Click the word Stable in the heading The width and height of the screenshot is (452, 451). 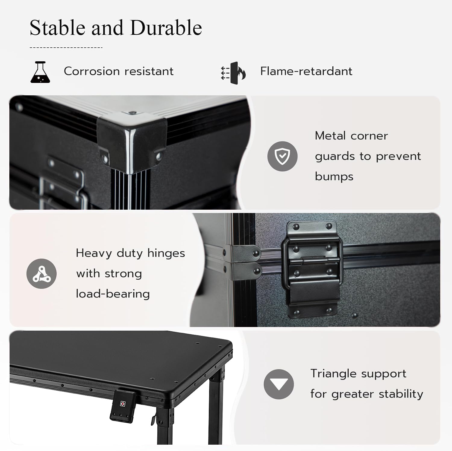(58, 28)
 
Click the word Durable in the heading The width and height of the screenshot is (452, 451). (166, 28)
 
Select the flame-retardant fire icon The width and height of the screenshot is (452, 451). (233, 73)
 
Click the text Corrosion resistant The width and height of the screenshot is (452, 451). (119, 71)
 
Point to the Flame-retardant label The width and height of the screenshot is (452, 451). (306, 71)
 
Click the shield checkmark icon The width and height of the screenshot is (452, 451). (282, 156)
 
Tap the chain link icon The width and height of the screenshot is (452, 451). (42, 274)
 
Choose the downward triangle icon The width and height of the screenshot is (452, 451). (279, 384)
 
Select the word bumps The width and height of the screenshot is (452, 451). (334, 176)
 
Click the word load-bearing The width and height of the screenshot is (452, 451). (113, 294)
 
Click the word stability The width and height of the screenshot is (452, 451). (401, 394)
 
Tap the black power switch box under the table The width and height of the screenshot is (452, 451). (122, 405)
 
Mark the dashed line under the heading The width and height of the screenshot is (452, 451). (66, 47)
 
